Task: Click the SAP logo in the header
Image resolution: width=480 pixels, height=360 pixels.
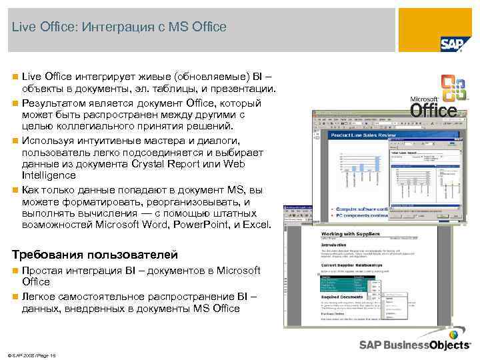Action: click(451, 43)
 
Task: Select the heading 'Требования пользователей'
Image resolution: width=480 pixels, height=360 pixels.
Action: click(95, 254)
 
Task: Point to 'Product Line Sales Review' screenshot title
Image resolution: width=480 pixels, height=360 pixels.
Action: click(363, 135)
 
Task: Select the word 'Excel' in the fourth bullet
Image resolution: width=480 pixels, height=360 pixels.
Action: click(257, 225)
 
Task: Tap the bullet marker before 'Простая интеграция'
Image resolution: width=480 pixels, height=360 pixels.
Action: click(15, 271)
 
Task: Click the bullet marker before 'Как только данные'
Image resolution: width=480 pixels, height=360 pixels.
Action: click(15, 190)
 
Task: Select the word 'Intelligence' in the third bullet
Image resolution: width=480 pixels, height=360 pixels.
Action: click(48, 175)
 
